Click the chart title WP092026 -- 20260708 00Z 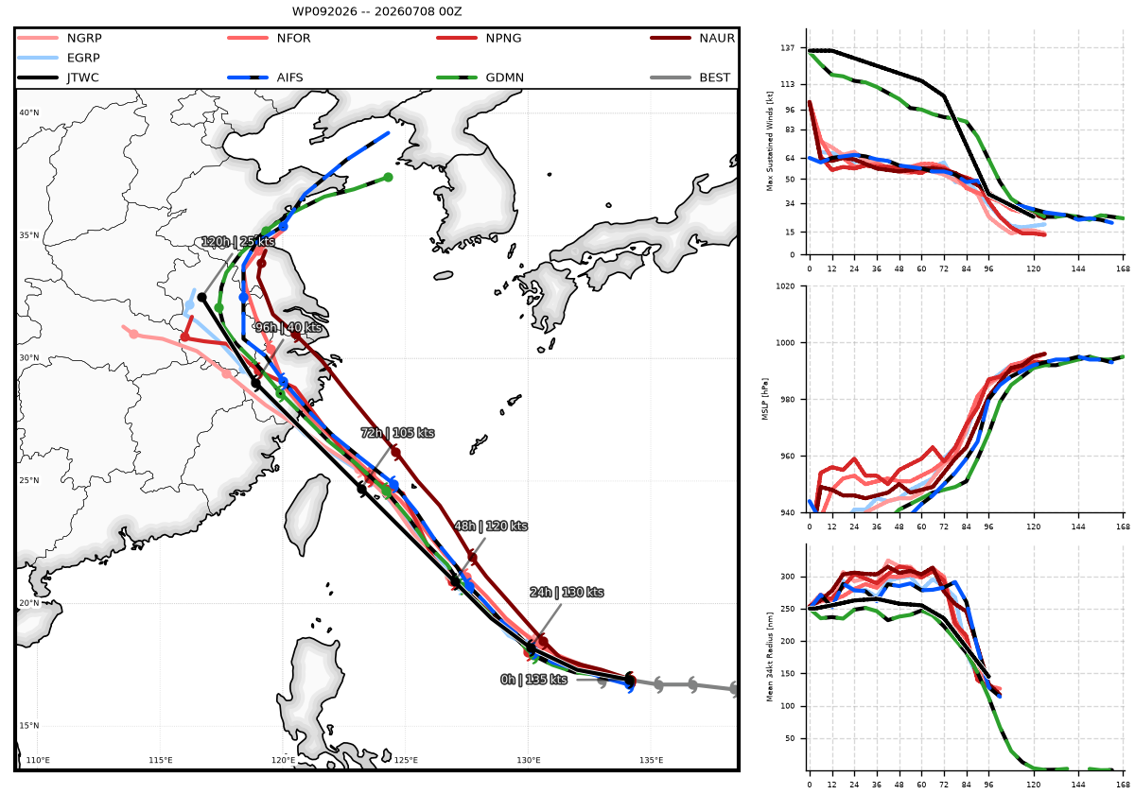(376, 11)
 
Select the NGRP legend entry (60, 38)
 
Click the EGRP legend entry (59, 58)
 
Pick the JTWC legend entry (59, 78)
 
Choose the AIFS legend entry (266, 78)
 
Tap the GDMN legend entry (480, 78)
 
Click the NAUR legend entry (692, 38)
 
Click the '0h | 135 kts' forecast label (533, 680)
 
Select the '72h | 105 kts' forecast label (398, 433)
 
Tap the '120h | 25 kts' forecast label (238, 242)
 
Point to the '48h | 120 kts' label (491, 526)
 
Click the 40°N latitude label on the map (29, 112)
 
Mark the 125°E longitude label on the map (406, 760)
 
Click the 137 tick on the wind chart (788, 47)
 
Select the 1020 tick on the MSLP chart (785, 286)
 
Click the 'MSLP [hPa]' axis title (765, 399)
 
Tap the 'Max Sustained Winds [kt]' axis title (770, 141)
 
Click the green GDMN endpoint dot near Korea (388, 178)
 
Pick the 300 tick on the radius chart (788, 577)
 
